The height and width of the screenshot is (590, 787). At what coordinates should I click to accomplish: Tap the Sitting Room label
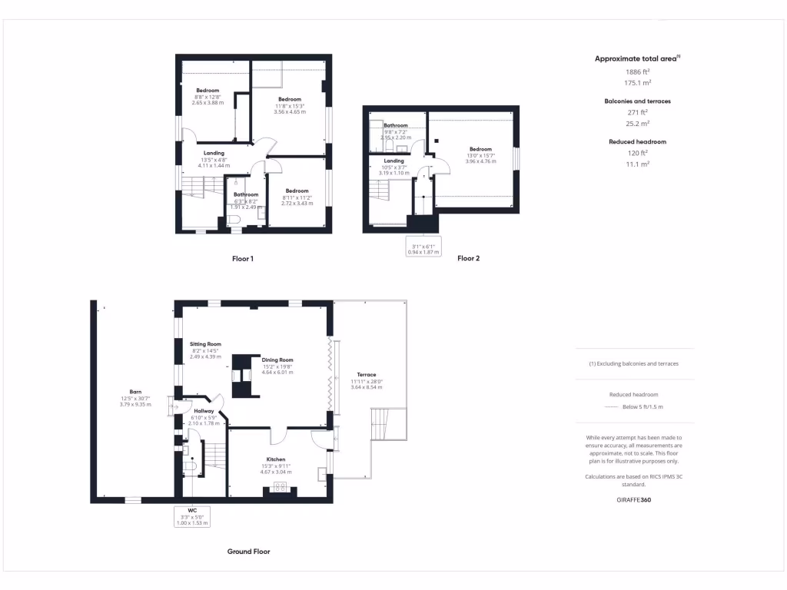pyautogui.click(x=205, y=344)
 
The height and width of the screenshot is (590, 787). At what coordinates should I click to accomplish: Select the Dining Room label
pyautogui.click(x=277, y=360)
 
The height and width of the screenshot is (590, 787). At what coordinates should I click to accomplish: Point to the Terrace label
pyautogui.click(x=366, y=375)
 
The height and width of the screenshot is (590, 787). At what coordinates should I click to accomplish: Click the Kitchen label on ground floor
pyautogui.click(x=276, y=459)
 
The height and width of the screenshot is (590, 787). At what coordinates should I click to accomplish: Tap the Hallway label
pyautogui.click(x=204, y=411)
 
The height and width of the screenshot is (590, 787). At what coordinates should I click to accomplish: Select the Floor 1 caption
pyautogui.click(x=243, y=259)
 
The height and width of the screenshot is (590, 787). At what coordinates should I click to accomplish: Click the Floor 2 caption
pyautogui.click(x=468, y=259)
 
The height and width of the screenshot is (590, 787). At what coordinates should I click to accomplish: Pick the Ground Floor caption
pyautogui.click(x=248, y=552)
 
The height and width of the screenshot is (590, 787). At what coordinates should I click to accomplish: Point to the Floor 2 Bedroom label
pyautogui.click(x=480, y=149)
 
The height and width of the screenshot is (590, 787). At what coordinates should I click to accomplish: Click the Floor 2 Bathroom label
pyautogui.click(x=396, y=125)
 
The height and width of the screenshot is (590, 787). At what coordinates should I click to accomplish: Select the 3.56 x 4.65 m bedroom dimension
pyautogui.click(x=290, y=112)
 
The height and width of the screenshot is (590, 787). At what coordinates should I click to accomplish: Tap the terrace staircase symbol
pyautogui.click(x=387, y=425)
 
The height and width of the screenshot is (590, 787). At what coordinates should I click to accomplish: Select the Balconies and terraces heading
pyautogui.click(x=637, y=101)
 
